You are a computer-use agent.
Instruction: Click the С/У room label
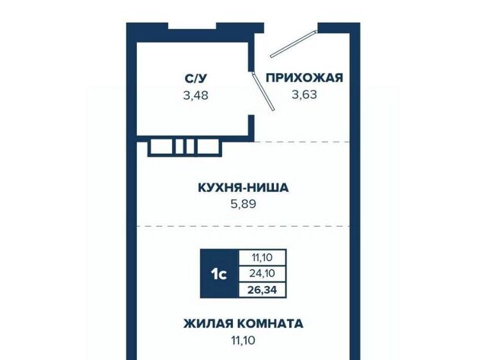[196, 78]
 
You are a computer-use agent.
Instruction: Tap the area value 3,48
[196, 95]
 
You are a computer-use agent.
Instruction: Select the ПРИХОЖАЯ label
[304, 78]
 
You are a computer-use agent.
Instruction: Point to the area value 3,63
[304, 94]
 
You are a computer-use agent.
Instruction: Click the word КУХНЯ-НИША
[243, 187]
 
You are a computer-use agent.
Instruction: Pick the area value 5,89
[243, 204]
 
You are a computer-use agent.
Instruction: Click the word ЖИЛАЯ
[208, 323]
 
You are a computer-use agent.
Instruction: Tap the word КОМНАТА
[271, 323]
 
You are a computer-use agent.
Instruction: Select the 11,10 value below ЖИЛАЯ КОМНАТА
[243, 340]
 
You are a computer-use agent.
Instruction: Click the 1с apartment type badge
[219, 274]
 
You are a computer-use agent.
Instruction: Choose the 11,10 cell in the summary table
[262, 257]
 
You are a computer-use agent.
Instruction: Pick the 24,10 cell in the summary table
[262, 274]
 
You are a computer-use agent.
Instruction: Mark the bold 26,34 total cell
[262, 291]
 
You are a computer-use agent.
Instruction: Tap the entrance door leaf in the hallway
[294, 44]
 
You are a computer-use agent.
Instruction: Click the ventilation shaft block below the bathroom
[184, 147]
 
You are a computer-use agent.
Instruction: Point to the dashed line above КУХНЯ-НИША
[302, 142]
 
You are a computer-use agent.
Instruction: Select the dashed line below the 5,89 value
[243, 226]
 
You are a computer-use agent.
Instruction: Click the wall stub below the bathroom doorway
[251, 126]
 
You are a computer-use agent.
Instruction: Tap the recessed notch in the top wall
[193, 26]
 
